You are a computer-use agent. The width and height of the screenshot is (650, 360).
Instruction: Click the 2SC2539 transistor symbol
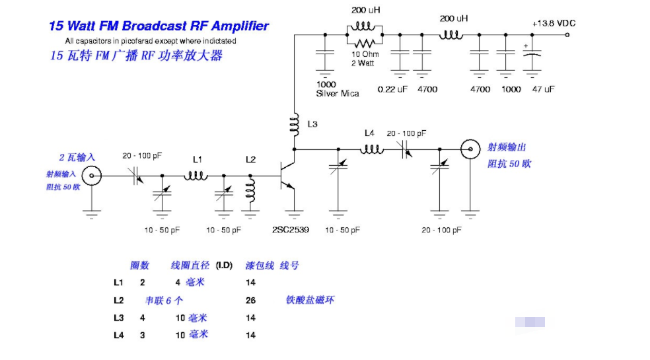[288, 176]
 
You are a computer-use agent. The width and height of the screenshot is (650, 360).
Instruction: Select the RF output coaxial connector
[470, 149]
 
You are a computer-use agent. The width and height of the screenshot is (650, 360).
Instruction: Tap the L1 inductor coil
[196, 176]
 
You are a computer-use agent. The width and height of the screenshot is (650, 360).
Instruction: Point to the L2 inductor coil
[251, 190]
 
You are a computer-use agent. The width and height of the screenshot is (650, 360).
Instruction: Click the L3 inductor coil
[293, 125]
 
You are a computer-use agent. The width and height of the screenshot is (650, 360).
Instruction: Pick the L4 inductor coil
[371, 149]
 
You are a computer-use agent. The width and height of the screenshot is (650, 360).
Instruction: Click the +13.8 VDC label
[554, 23]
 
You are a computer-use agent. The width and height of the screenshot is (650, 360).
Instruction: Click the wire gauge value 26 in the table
[250, 300]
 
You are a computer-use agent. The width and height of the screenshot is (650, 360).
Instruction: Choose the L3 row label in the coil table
[118, 318]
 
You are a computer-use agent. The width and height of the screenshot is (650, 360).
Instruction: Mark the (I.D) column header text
[225, 265]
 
